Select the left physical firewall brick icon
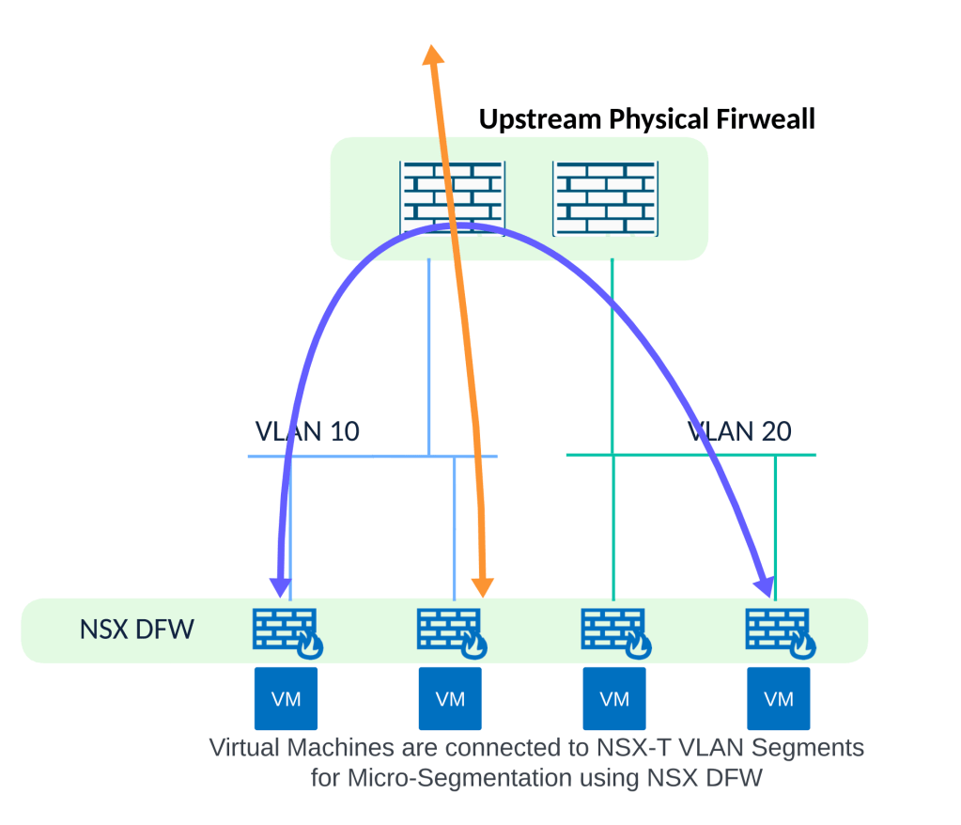[x=453, y=197]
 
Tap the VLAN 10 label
[x=307, y=431]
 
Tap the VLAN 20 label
[x=740, y=431]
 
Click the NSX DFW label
[x=136, y=629]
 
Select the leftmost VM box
[x=287, y=698]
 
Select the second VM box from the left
[x=450, y=698]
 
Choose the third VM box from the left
[x=614, y=698]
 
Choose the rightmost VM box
[x=779, y=698]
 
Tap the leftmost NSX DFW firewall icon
[x=285, y=630]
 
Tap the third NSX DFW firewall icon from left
[x=612, y=630]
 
